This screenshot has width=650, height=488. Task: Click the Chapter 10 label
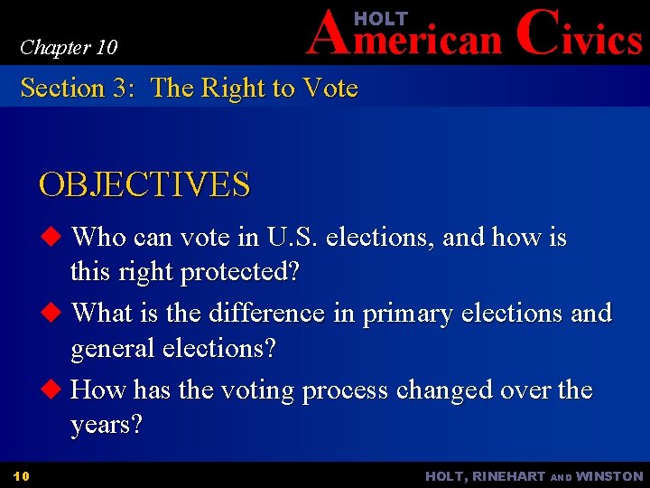click(x=69, y=47)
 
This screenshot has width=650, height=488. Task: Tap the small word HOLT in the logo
click(x=380, y=19)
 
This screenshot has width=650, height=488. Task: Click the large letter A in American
click(x=327, y=36)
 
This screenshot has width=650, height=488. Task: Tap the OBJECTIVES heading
click(x=144, y=184)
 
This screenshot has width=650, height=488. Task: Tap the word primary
click(x=405, y=314)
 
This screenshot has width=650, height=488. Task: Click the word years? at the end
click(x=107, y=425)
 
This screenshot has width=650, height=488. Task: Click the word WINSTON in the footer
click(x=609, y=476)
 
